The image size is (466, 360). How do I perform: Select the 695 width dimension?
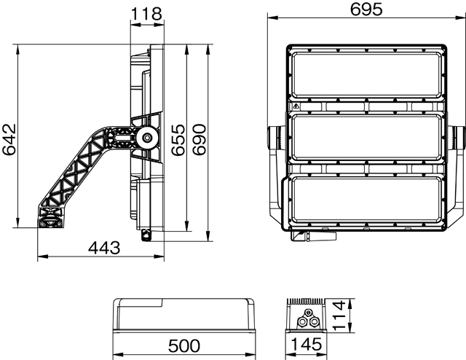pyautogui.click(x=366, y=10)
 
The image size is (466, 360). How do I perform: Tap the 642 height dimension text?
pyautogui.click(x=9, y=139)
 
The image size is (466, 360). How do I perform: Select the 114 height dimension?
pyautogui.click(x=339, y=316)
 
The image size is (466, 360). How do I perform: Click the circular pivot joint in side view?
pyautogui.click(x=147, y=137)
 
